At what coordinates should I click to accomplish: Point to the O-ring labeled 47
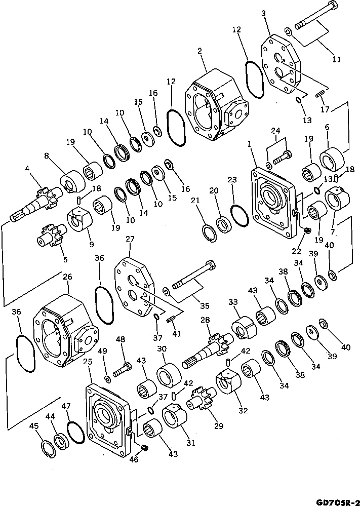tap(76, 432)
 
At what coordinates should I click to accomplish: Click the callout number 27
tap(130, 239)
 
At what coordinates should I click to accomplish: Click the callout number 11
tap(336, 59)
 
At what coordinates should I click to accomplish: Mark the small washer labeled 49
tap(107, 380)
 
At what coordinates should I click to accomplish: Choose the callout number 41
tap(177, 334)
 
